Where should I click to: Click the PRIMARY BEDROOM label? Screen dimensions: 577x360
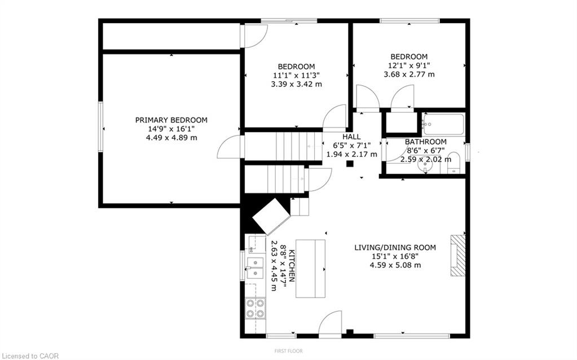pyautogui.click(x=171, y=120)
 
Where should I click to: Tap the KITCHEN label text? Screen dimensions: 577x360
pyautogui.click(x=292, y=266)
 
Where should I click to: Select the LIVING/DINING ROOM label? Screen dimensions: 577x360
pyautogui.click(x=395, y=247)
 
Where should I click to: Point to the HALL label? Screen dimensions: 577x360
pyautogui.click(x=351, y=137)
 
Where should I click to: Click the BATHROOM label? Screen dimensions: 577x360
pyautogui.click(x=426, y=142)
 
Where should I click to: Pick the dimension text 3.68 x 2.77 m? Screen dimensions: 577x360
pyautogui.click(x=409, y=74)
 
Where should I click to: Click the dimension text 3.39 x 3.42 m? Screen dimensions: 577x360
pyautogui.click(x=296, y=84)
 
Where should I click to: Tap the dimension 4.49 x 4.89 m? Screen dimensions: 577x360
pyautogui.click(x=171, y=138)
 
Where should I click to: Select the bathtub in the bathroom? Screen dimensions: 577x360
pyautogui.click(x=444, y=125)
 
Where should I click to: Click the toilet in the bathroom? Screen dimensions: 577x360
pyautogui.click(x=453, y=163)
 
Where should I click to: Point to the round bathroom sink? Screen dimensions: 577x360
pyautogui.click(x=426, y=165)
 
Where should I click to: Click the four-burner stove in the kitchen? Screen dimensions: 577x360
pyautogui.click(x=255, y=308)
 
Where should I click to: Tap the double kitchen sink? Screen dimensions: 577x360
pyautogui.click(x=254, y=267)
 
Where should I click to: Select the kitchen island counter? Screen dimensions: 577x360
pyautogui.click(x=310, y=269)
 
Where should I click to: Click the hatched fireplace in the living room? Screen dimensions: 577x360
pyautogui.click(x=458, y=255)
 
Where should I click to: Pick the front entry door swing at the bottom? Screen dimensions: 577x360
pyautogui.click(x=330, y=324)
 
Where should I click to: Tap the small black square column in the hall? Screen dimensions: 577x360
pyautogui.click(x=350, y=164)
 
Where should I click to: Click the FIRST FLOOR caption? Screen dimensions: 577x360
pyautogui.click(x=289, y=351)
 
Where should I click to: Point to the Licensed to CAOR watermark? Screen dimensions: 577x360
pyautogui.click(x=29, y=355)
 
